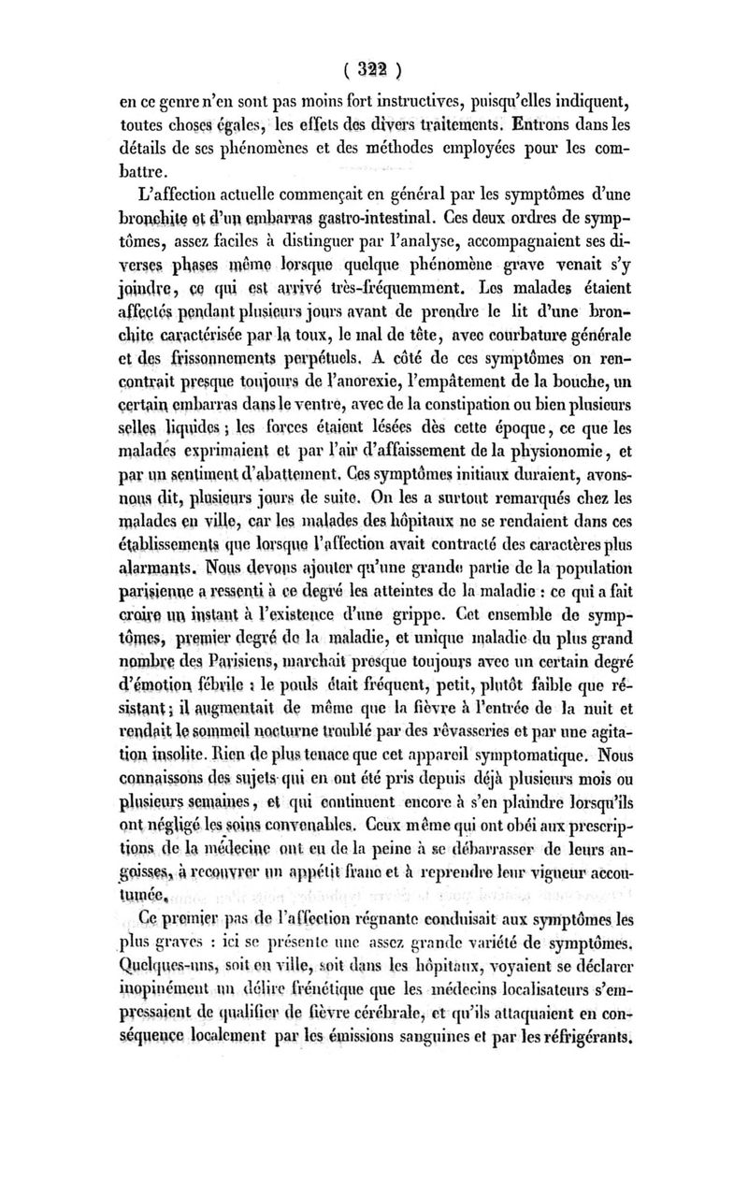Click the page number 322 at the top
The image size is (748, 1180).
point(372,67)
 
